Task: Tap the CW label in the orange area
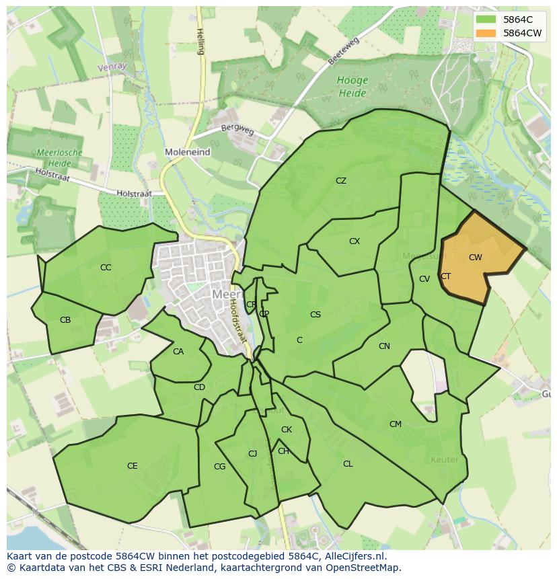click(x=476, y=258)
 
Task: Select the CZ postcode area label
click(x=341, y=181)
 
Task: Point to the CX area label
click(x=355, y=241)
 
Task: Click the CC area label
click(x=106, y=268)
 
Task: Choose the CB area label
click(x=65, y=320)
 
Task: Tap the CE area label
click(x=133, y=466)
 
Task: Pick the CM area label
click(x=396, y=424)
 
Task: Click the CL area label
click(x=348, y=464)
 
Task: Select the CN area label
click(x=384, y=346)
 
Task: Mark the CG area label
click(x=219, y=467)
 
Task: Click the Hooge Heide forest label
click(x=352, y=87)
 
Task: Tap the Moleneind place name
click(x=188, y=153)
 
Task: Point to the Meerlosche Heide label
click(x=60, y=157)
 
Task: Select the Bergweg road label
click(x=237, y=129)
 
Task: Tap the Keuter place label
click(x=444, y=460)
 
